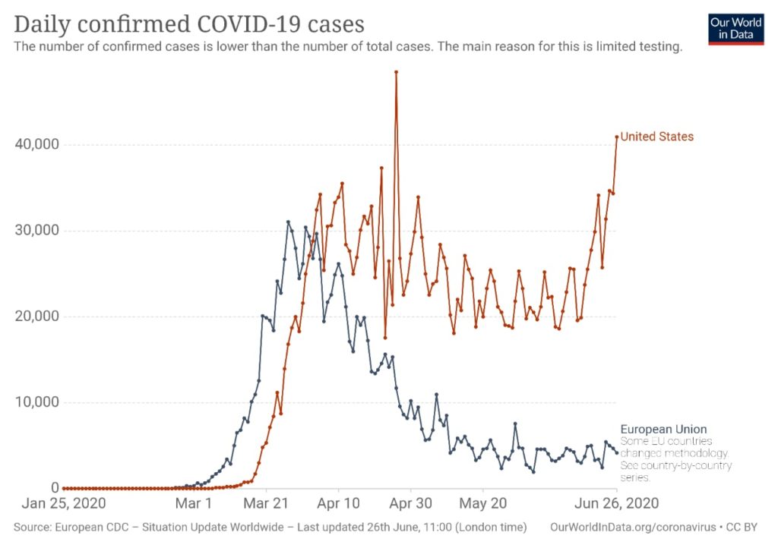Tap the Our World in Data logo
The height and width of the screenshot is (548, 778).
[x=735, y=29]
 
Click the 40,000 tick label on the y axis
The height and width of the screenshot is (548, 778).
[x=37, y=144]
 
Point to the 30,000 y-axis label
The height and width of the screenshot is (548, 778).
[x=37, y=230]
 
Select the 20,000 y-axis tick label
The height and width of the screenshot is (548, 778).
[x=37, y=316]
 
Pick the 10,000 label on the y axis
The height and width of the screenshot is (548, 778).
[x=37, y=402]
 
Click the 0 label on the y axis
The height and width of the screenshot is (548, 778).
[x=54, y=488]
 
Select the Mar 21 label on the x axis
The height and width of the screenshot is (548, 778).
[x=267, y=503]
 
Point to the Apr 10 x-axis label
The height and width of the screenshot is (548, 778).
[x=339, y=503]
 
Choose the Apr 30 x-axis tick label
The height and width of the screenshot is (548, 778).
[x=411, y=503]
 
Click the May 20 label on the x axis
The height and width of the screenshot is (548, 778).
[x=484, y=503]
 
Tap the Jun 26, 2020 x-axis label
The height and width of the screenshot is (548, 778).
[x=616, y=503]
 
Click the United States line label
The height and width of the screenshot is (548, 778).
[x=656, y=137]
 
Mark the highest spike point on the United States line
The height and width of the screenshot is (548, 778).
[x=396, y=72]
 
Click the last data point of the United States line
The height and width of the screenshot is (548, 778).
[x=616, y=137]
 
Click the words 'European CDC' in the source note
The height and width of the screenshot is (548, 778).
[x=91, y=526]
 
